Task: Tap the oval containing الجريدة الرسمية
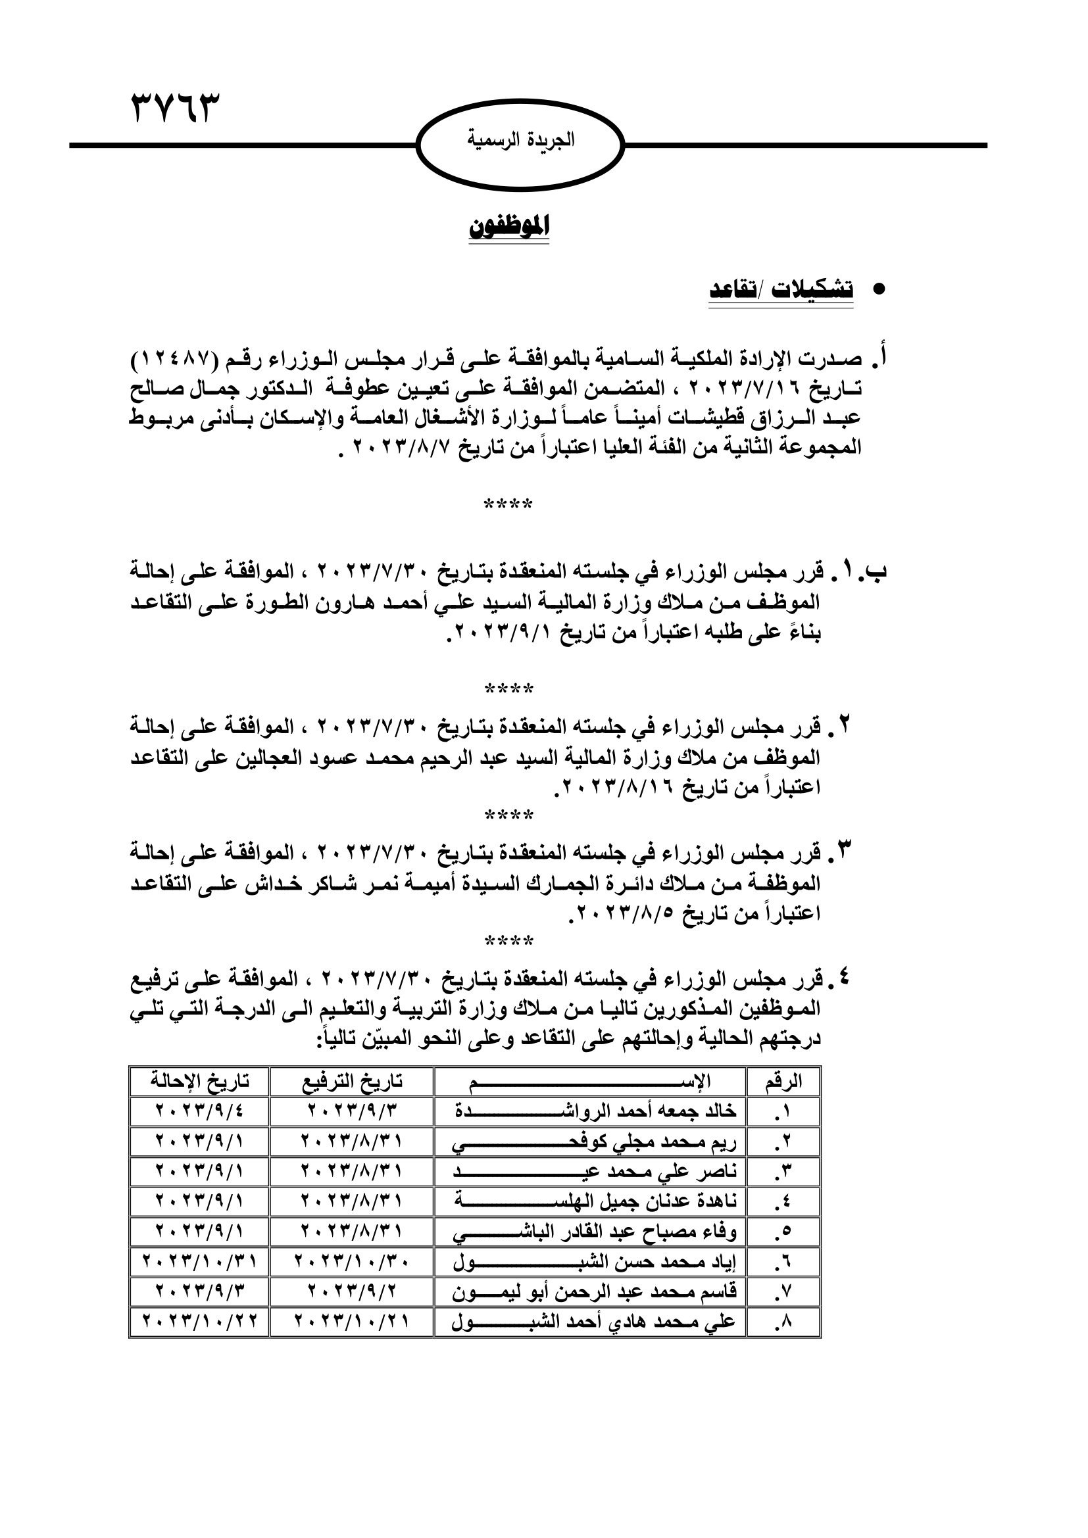520,145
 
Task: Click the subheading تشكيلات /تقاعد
781,289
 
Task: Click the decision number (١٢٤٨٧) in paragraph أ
174,360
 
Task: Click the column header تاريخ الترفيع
352,1082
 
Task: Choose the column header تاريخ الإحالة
199,1082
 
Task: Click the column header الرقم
783,1082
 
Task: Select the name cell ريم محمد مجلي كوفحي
590,1143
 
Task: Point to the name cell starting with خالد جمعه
590,1112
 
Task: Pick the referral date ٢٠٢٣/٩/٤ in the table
199,1112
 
